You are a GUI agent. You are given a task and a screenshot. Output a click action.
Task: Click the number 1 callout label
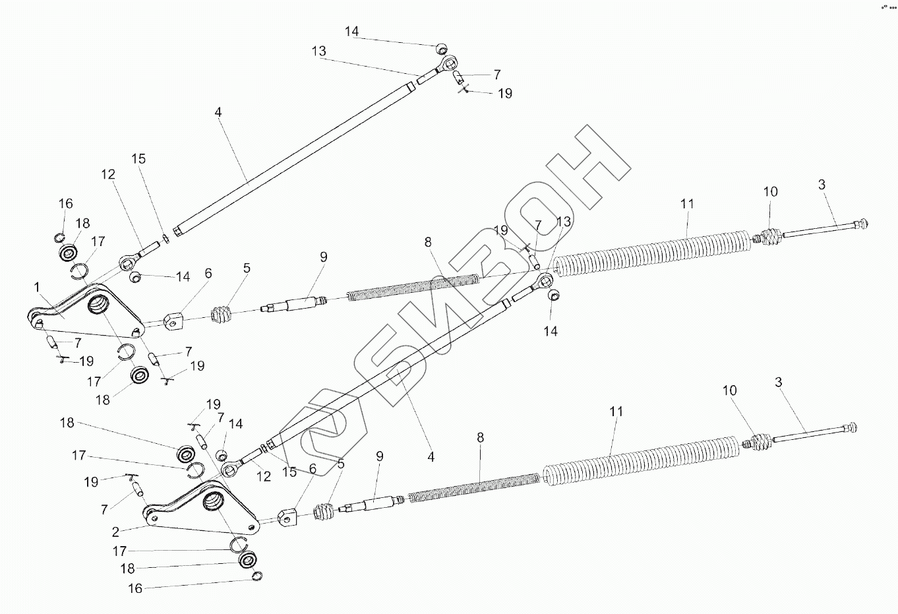coord(38,287)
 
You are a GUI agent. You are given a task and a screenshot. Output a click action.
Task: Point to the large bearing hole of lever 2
coord(214,502)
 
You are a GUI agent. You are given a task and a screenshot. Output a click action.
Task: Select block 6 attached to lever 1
coord(173,320)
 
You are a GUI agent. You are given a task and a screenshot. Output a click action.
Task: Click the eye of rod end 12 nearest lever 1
coord(127,264)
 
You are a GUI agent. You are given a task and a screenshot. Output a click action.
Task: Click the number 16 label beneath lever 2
coord(135,588)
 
